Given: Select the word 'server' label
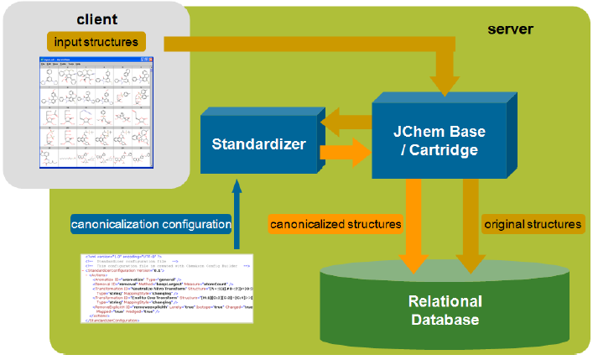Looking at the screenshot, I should pyautogui.click(x=510, y=29).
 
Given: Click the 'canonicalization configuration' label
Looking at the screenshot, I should pyautogui.click(x=152, y=224).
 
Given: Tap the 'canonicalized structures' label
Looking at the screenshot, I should pyautogui.click(x=335, y=224).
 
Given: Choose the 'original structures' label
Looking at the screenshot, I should pyautogui.click(x=532, y=224).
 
